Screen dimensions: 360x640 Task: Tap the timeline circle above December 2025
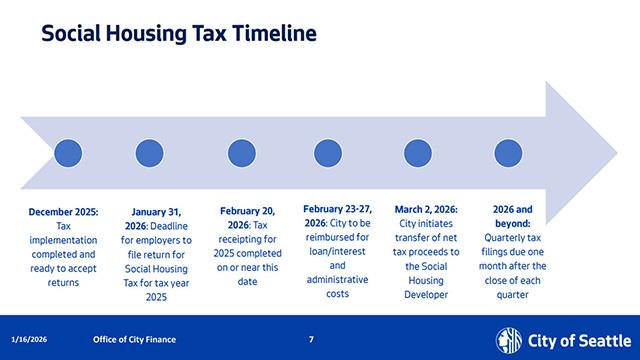click(67, 153)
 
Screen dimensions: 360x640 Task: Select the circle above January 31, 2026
click(149, 153)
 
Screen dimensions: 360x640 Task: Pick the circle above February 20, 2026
click(242, 153)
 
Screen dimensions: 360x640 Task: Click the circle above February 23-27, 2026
click(329, 153)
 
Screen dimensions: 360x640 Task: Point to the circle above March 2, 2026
click(417, 153)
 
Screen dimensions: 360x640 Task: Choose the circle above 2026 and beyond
click(505, 153)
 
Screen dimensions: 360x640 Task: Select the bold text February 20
click(247, 212)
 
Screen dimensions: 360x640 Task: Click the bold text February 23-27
click(337, 209)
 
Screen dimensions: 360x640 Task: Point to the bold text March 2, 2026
click(426, 210)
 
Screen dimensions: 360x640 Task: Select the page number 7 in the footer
click(311, 339)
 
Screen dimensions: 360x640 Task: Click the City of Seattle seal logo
click(510, 338)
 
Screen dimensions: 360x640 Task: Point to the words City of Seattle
click(573, 338)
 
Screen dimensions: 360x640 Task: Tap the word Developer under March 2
click(426, 295)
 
